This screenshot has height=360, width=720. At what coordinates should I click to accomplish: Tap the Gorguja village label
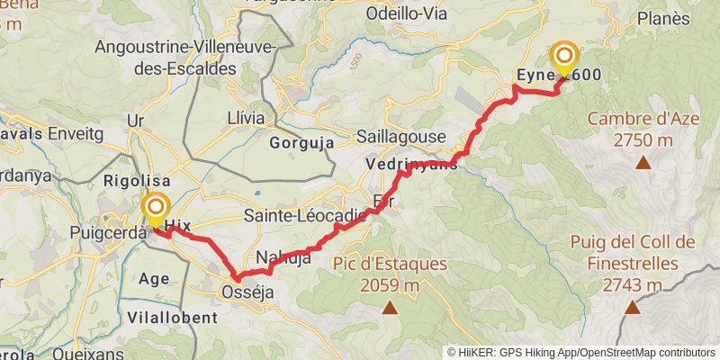(301, 142)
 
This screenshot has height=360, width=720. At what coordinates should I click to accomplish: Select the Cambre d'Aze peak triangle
(643, 163)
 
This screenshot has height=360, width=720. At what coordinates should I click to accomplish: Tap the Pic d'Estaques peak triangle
(390, 309)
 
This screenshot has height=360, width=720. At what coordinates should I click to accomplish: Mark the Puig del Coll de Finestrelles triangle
(633, 308)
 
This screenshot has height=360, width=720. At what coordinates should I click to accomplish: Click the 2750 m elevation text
(643, 139)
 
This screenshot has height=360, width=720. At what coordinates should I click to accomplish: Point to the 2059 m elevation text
(390, 286)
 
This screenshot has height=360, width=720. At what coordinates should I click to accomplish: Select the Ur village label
(137, 120)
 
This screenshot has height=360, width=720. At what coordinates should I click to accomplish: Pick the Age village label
(154, 278)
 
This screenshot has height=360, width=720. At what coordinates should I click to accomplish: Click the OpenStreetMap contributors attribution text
(645, 353)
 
